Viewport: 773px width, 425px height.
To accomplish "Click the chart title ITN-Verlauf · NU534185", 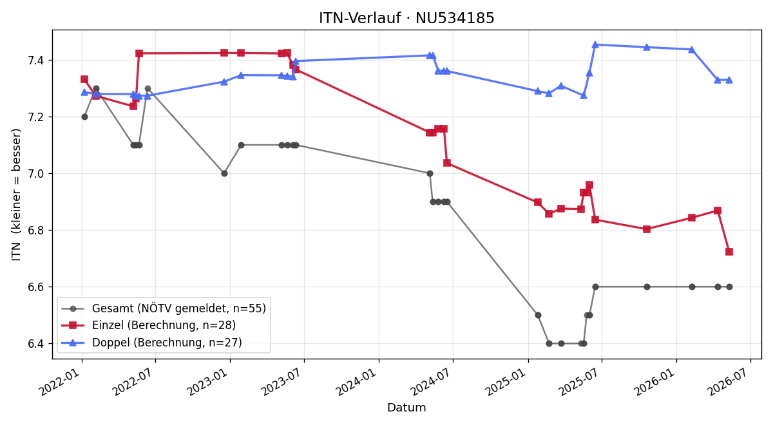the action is click(406, 18).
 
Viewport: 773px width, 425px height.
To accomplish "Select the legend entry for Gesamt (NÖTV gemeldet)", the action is click(164, 308).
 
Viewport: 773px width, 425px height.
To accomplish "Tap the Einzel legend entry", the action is click(148, 325).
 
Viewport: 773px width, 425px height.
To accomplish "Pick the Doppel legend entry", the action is click(151, 343).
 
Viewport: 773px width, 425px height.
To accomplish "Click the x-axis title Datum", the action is click(406, 408).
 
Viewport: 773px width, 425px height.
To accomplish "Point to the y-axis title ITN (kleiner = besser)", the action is click(16, 194).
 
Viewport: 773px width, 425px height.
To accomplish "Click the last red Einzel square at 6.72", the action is click(729, 252).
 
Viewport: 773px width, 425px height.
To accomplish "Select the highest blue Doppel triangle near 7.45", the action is click(595, 45).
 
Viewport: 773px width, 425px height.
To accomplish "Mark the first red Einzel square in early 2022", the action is click(84, 79).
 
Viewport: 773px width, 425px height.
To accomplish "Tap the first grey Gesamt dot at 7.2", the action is click(84, 117).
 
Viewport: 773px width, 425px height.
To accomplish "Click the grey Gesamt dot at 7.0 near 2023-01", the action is click(224, 173).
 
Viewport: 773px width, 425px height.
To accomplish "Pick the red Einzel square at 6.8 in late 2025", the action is click(647, 229).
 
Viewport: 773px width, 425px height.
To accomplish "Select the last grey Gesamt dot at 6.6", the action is click(729, 287).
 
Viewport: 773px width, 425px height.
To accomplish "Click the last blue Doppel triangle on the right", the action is click(729, 80).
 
